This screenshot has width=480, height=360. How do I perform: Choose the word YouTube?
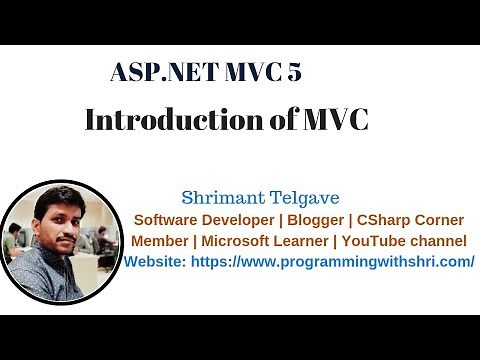379,241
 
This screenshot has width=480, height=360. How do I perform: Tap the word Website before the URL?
153,262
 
